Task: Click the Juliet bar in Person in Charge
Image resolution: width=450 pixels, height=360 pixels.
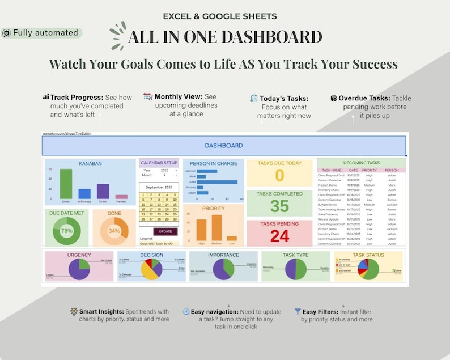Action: point(218,181)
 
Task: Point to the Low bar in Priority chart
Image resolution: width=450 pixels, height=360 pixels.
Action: point(231,239)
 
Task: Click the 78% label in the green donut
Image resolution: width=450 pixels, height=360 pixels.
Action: point(66,231)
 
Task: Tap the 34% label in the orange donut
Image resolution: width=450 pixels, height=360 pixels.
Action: point(114,231)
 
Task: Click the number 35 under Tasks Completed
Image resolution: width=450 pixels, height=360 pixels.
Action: point(279,206)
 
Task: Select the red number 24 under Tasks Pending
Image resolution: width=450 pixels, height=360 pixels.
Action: point(279,236)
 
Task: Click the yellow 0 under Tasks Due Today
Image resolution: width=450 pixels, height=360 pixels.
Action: point(279,175)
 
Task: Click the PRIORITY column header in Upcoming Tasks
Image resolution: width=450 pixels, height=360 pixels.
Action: point(369,170)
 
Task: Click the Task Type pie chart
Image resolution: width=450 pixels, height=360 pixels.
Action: point(295,269)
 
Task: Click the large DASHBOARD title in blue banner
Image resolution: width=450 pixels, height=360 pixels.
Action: point(224,146)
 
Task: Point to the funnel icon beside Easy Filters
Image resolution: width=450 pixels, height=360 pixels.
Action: point(298,311)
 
